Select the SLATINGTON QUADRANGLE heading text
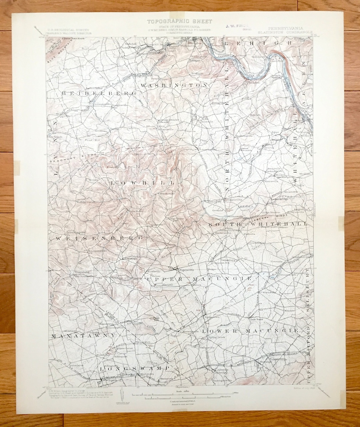point(285,32)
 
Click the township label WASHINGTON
point(174,85)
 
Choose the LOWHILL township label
point(143,183)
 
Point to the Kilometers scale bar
point(182,398)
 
